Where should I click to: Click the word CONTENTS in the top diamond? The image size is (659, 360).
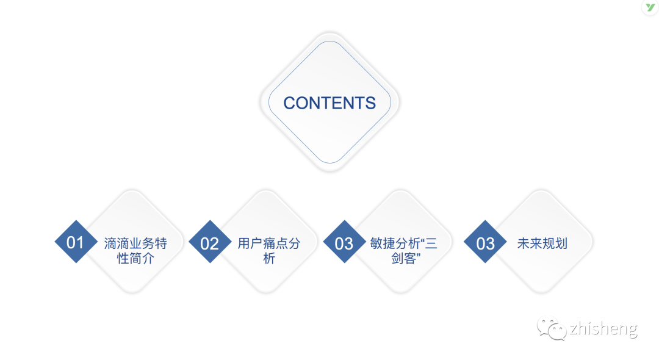(329, 103)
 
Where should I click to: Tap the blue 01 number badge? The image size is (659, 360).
(76, 242)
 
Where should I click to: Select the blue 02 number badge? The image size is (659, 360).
(210, 243)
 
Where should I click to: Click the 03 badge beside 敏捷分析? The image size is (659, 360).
(344, 243)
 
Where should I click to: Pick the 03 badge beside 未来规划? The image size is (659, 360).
(485, 243)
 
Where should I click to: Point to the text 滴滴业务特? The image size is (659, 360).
(135, 243)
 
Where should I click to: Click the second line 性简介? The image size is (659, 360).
(135, 259)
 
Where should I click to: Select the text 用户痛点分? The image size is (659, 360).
(269, 243)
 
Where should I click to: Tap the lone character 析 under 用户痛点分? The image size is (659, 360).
(269, 259)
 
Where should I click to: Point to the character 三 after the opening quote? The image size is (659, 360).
(431, 243)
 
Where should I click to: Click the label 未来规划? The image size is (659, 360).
(542, 243)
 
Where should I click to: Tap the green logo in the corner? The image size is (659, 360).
(650, 8)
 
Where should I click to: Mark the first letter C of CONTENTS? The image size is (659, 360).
(290, 103)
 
